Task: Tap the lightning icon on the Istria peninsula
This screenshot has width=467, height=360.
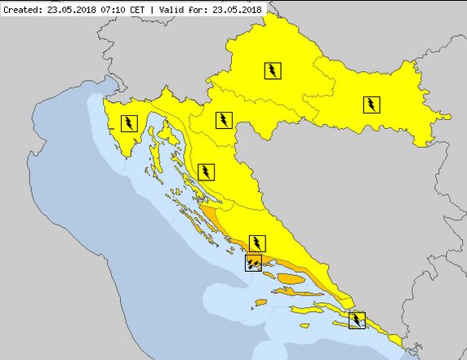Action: click(129, 123)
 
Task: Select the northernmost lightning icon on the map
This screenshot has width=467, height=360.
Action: click(273, 70)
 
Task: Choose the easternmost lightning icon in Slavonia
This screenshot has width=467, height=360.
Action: click(371, 104)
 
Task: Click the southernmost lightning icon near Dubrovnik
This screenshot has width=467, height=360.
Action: click(357, 319)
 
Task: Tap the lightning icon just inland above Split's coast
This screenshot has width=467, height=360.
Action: click(258, 242)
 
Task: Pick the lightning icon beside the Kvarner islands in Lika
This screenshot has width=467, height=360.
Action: click(207, 171)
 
